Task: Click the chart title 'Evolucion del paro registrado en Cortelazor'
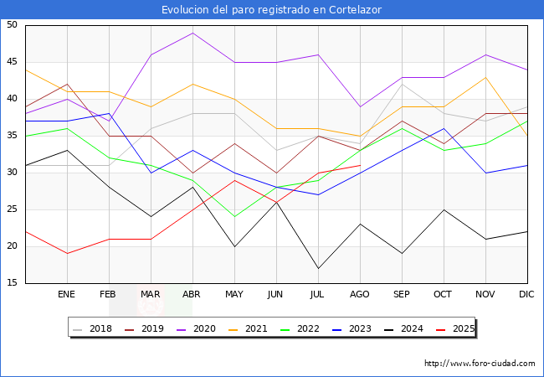272,9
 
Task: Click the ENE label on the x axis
67,295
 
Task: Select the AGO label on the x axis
360,295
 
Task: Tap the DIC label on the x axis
526,295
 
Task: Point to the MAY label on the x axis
234,295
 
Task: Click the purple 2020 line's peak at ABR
192,33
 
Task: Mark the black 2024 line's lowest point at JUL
318,269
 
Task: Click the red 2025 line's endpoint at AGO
360,165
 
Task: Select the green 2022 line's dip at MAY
234,217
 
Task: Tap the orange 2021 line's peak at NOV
485,77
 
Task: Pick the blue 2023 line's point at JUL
318,195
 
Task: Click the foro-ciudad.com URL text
480,364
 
